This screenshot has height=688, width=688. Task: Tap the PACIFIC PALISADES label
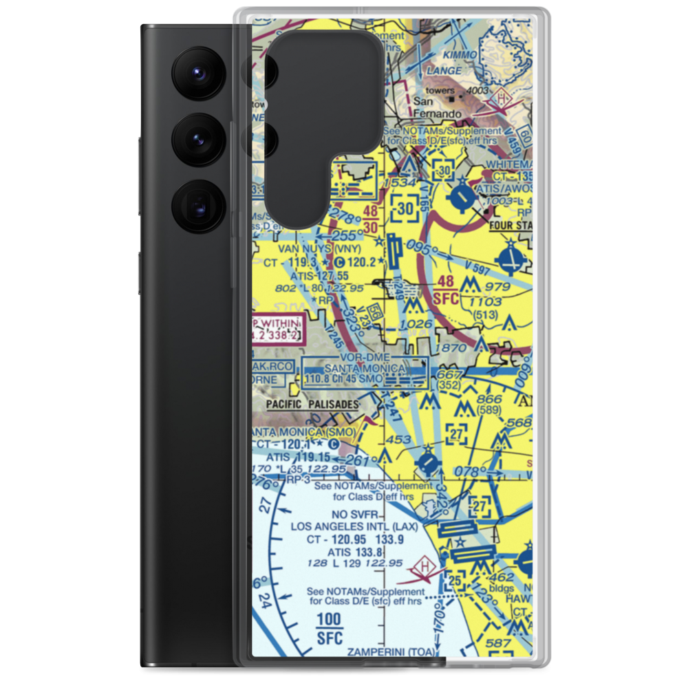tap(314, 405)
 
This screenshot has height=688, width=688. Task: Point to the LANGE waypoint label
tap(444, 70)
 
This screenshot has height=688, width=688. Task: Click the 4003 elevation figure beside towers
tap(476, 91)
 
